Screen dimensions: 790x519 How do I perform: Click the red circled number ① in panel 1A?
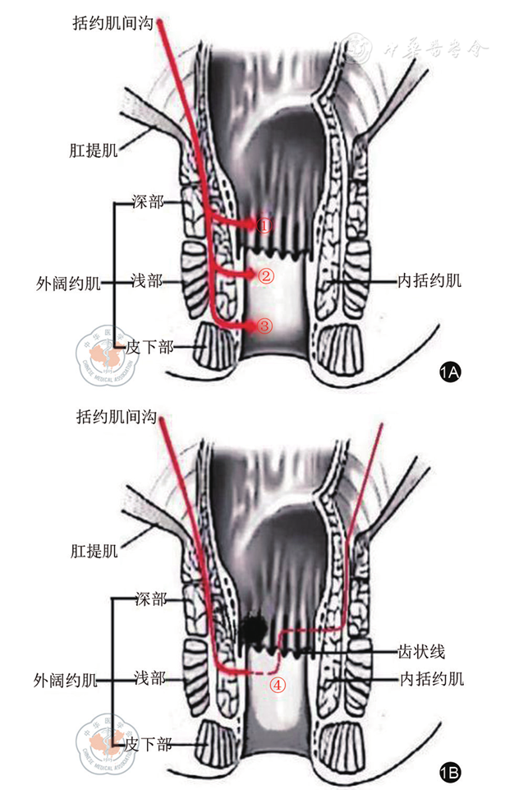(x=264, y=224)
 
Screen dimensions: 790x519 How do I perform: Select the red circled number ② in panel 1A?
(x=264, y=276)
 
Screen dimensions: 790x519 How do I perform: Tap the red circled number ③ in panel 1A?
(x=264, y=326)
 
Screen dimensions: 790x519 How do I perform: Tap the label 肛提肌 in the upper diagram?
(x=93, y=151)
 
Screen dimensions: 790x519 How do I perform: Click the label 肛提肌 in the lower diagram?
(x=93, y=550)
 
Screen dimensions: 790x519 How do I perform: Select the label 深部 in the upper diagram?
(x=149, y=201)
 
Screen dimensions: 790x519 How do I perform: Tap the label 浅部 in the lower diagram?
(x=149, y=679)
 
